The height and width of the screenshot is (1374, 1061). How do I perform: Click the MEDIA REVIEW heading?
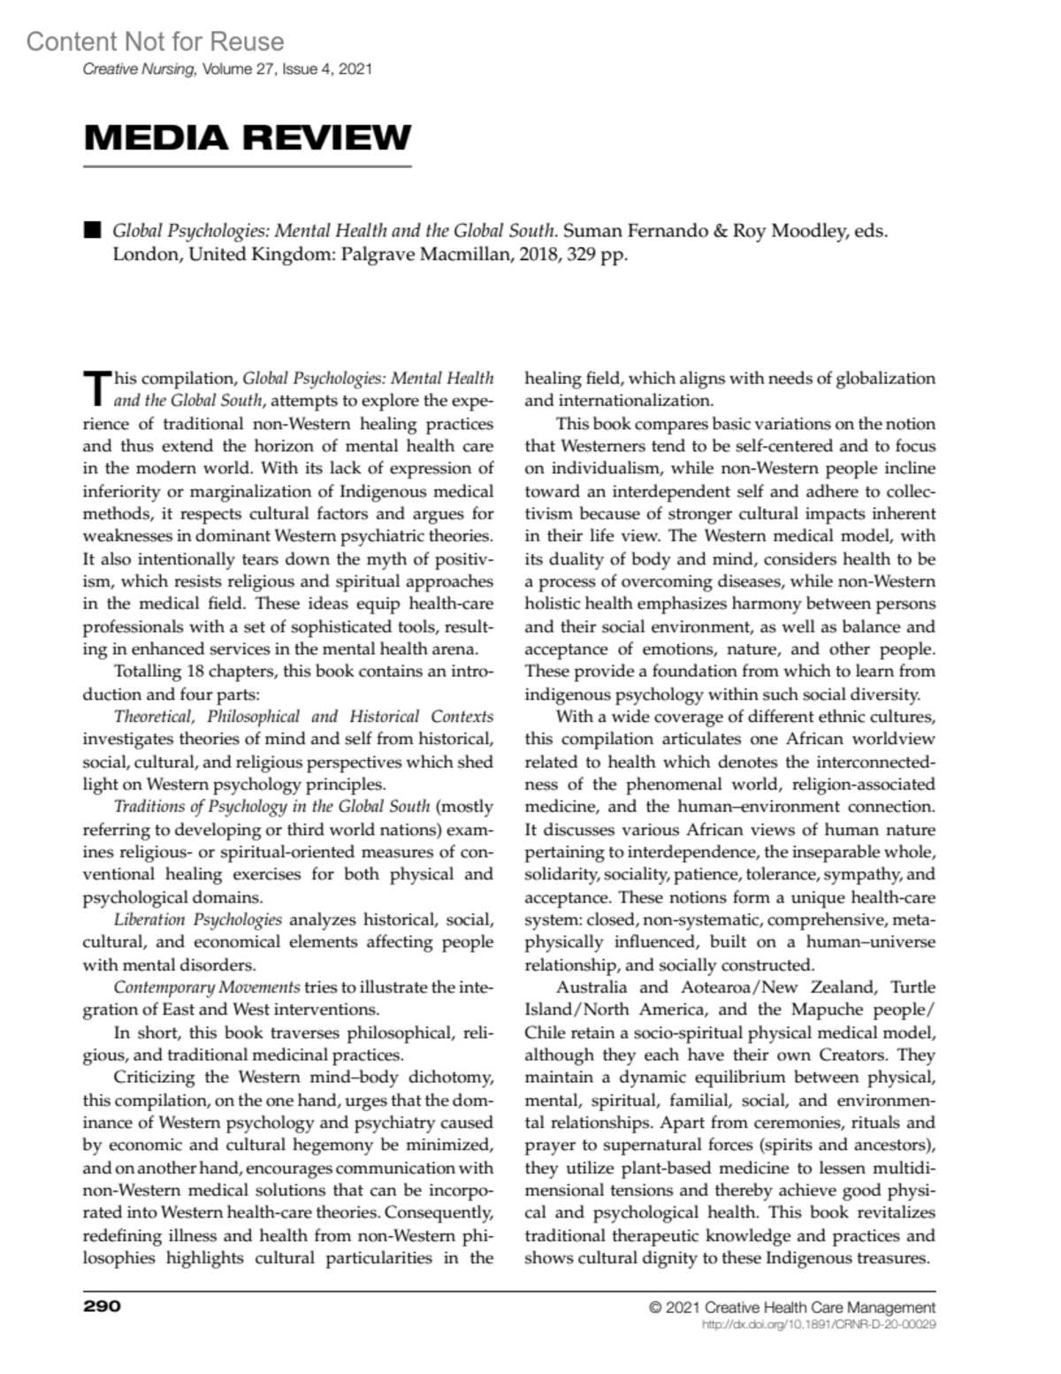[x=248, y=138]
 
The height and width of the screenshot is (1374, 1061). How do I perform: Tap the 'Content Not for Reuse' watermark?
[x=155, y=42]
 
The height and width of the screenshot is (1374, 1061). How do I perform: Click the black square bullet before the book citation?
[x=91, y=231]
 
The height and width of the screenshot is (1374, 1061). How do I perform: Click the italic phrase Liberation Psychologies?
[x=198, y=919]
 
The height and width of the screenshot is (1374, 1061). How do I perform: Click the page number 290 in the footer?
[x=102, y=1307]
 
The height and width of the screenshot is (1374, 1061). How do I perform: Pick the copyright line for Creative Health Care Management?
[x=791, y=1308]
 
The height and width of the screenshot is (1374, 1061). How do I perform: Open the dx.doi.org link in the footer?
[x=818, y=1325]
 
